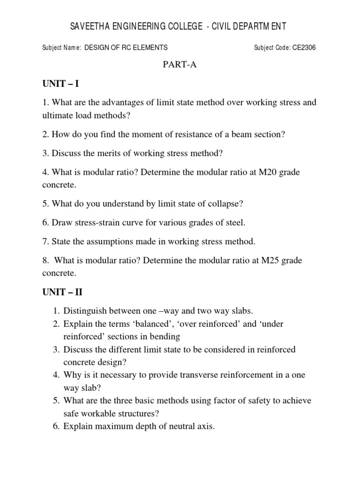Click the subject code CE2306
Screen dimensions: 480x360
pos(304,47)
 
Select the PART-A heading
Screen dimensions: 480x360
pos(180,65)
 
